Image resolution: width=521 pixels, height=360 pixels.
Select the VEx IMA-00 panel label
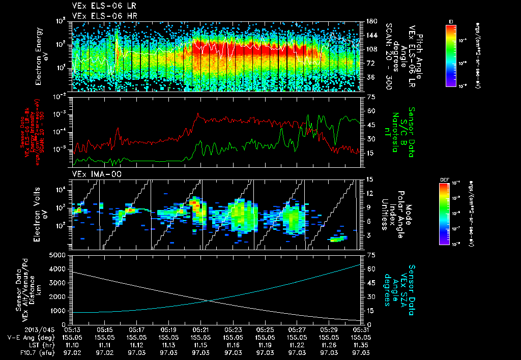pos(92,174)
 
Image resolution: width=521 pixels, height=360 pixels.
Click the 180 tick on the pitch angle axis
pos(370,21)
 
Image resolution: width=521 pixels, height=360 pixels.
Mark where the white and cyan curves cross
pos(209,301)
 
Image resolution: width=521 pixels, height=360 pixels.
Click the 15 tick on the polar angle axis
pos(370,179)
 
